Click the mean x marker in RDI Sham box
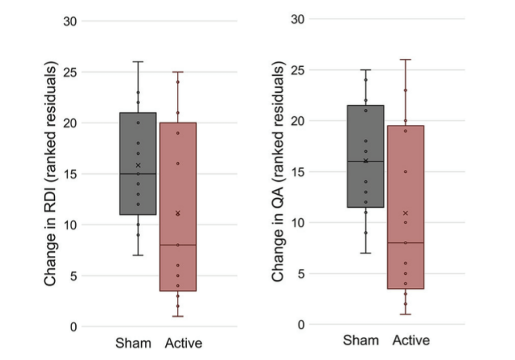click(138, 165)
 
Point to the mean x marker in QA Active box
click(405, 213)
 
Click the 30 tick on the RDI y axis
click(70, 21)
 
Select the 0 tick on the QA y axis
click(302, 324)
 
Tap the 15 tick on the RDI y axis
click(70, 174)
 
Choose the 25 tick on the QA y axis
click(298, 70)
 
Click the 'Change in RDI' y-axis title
click(52, 174)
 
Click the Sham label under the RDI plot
click(133, 344)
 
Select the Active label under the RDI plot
click(184, 344)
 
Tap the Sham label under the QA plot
click(361, 341)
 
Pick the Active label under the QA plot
click(411, 341)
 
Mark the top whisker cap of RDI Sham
click(138, 61)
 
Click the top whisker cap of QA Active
click(405, 59)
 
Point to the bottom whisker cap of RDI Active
click(178, 316)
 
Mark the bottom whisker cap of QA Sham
click(365, 253)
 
